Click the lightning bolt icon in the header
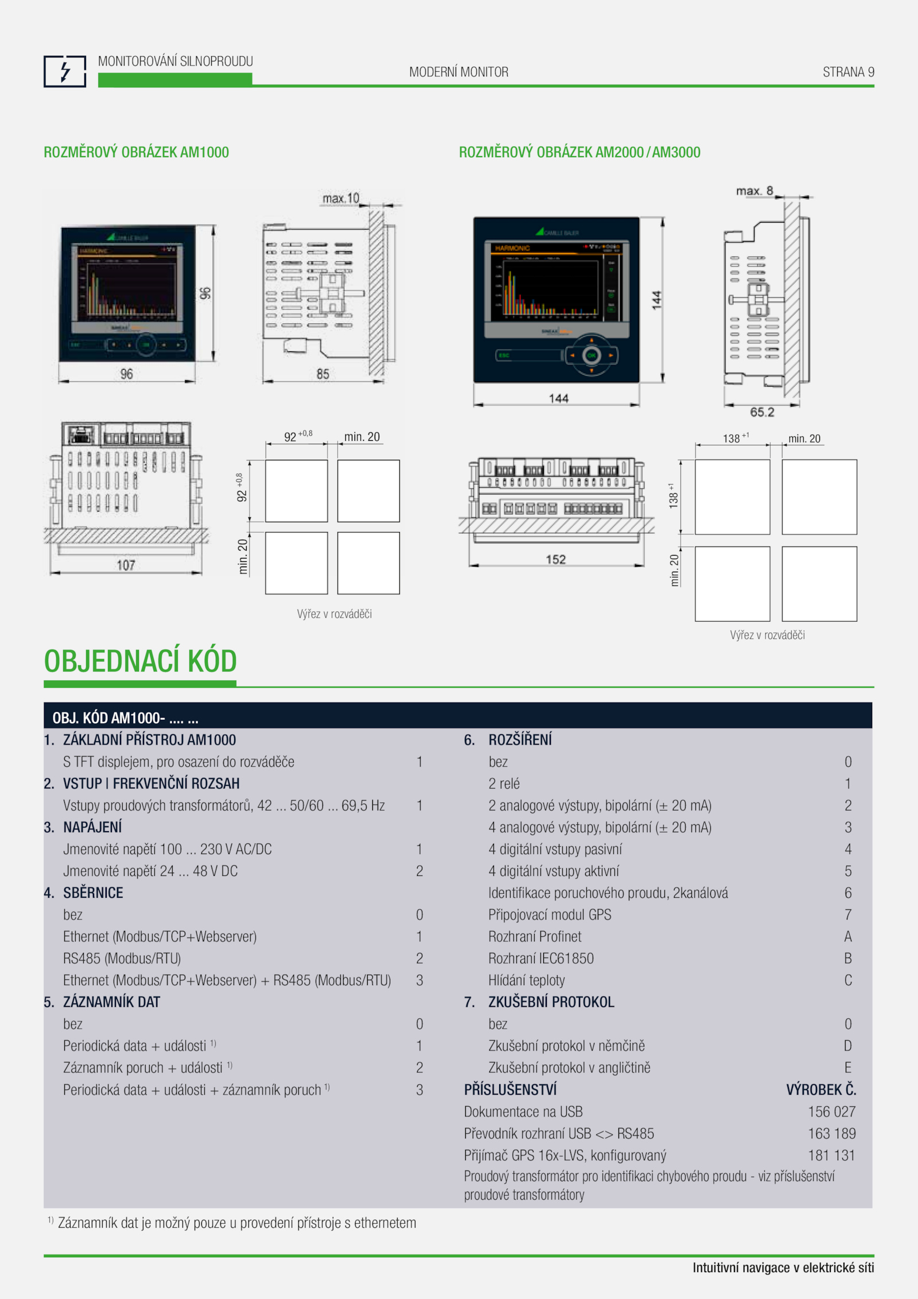[65, 72]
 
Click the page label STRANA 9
[848, 72]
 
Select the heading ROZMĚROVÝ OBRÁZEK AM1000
[136, 152]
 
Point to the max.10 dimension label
[341, 199]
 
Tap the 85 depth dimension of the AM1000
[323, 374]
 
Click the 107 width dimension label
[126, 565]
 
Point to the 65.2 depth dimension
[762, 412]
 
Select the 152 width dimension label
[555, 559]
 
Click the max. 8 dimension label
[754, 191]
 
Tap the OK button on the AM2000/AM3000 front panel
[591, 355]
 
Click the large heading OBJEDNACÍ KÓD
[141, 661]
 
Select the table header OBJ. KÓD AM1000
[125, 718]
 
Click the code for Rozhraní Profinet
[848, 937]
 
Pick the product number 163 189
[831, 1134]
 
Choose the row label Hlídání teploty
[527, 980]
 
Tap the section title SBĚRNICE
[93, 893]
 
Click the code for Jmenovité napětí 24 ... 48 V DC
[419, 871]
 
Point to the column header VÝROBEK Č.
[820, 1089]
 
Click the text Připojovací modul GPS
[550, 915]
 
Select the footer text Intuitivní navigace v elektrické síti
[783, 1267]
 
